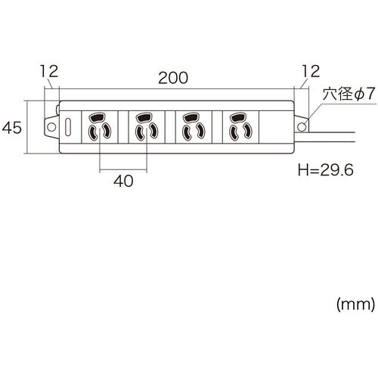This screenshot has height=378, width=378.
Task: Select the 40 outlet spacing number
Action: (122, 181)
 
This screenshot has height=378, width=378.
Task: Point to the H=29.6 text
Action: (327, 171)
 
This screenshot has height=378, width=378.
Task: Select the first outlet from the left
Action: (100, 126)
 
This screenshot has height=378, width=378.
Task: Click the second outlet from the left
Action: (146, 126)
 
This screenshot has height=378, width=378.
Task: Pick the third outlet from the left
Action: (192, 126)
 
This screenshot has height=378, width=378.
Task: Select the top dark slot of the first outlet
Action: (100, 117)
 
